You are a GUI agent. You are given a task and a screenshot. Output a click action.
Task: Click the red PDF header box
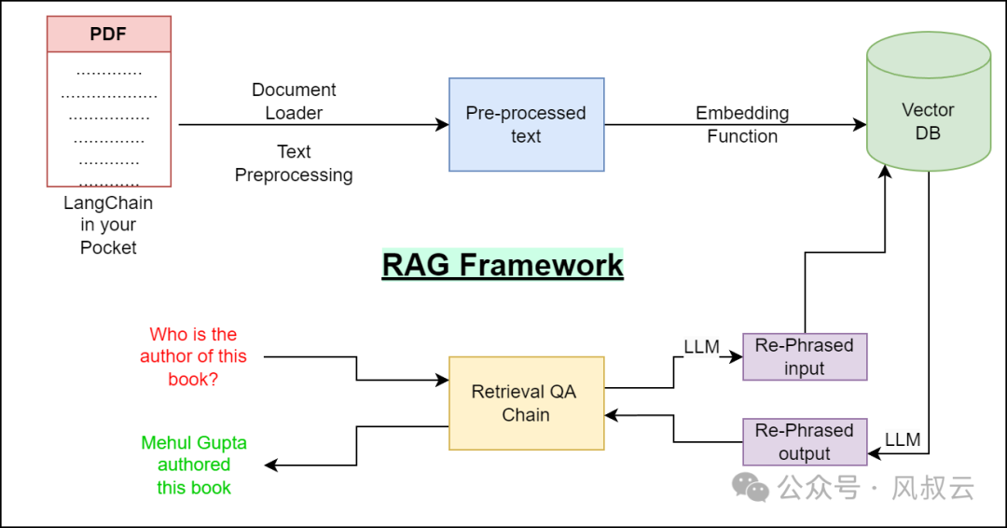click(x=109, y=35)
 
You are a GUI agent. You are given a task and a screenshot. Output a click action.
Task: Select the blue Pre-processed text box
click(x=526, y=124)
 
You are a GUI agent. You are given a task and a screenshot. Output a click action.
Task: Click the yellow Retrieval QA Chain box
click(x=526, y=403)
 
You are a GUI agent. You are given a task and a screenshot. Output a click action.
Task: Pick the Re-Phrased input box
click(x=805, y=356)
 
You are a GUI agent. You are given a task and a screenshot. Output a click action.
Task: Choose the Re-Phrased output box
click(x=805, y=441)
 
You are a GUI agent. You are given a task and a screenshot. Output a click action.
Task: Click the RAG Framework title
click(x=503, y=265)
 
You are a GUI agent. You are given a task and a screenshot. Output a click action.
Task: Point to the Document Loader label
click(x=294, y=102)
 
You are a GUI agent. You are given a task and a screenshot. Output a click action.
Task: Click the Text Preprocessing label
click(x=294, y=163)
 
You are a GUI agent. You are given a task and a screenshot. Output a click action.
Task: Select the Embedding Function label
click(x=742, y=124)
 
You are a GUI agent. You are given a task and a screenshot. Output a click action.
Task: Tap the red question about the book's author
click(x=194, y=356)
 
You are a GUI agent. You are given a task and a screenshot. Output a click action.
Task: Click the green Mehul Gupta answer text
click(x=194, y=465)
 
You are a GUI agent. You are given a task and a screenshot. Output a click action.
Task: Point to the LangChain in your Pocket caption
click(x=108, y=225)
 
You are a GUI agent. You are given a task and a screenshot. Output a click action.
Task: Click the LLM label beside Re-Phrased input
click(x=701, y=347)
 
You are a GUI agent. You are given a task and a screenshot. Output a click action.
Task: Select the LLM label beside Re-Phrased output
click(x=902, y=439)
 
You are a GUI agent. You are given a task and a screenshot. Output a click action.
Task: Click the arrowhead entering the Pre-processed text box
click(x=443, y=125)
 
